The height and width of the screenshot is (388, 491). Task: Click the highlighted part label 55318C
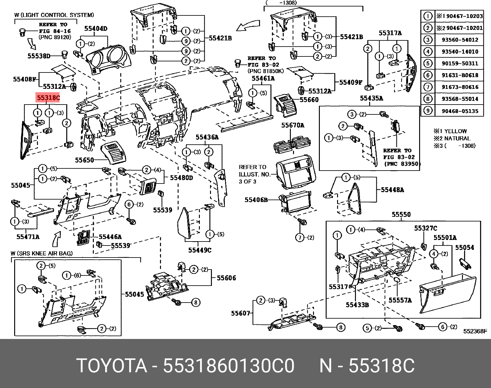click(x=48, y=98)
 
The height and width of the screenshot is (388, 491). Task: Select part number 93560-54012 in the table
click(x=460, y=40)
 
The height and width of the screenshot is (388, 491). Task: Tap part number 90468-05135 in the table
click(x=460, y=111)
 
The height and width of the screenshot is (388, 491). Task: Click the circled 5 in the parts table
click(x=428, y=63)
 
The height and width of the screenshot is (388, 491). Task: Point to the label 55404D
click(x=96, y=29)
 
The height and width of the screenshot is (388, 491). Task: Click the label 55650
click(x=84, y=160)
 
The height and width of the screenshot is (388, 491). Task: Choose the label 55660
click(x=309, y=100)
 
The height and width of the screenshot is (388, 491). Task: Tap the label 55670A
click(x=293, y=125)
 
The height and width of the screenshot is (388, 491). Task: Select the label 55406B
click(x=256, y=200)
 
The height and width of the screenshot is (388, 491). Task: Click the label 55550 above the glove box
click(x=401, y=214)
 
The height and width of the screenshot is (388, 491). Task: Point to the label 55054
click(x=464, y=247)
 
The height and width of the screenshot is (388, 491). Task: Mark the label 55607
click(x=240, y=313)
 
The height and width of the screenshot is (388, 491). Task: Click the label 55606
click(x=226, y=278)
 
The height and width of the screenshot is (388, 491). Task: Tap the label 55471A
click(x=28, y=237)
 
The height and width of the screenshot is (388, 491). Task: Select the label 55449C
click(x=200, y=250)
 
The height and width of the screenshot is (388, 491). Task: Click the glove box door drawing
click(x=447, y=293)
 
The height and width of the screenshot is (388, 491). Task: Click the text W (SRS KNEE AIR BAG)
click(x=42, y=254)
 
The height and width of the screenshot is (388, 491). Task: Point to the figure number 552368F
click(x=475, y=331)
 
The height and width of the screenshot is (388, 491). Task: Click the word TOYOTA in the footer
click(x=112, y=366)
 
